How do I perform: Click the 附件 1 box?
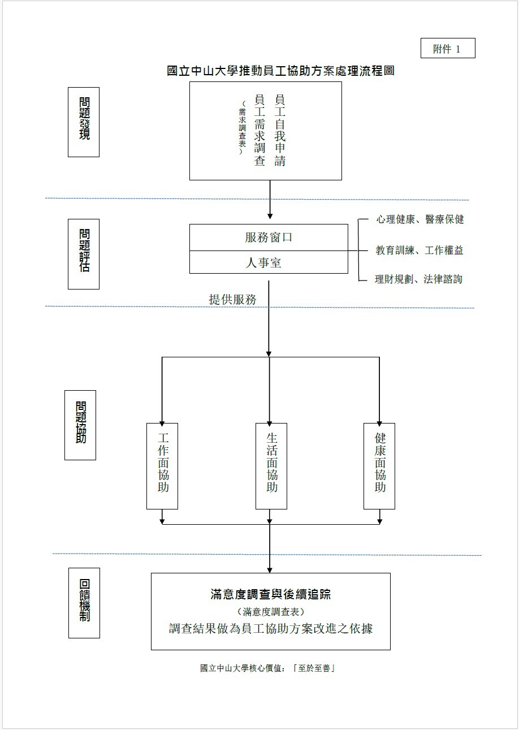click(448, 49)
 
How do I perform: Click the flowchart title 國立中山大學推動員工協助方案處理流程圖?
click(280, 71)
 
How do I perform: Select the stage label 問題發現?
click(84, 122)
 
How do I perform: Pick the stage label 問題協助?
click(80, 425)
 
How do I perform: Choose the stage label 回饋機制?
click(84, 603)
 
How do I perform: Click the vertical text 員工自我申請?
click(279, 131)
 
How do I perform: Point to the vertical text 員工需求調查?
click(259, 131)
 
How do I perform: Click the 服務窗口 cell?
click(269, 237)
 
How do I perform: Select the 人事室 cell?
click(269, 262)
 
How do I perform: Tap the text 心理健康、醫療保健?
click(419, 219)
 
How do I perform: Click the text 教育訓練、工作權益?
click(419, 250)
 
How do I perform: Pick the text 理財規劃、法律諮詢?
click(418, 279)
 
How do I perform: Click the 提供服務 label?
click(232, 300)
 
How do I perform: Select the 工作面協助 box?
click(162, 465)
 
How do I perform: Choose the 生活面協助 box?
click(271, 465)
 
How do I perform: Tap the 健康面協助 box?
click(379, 465)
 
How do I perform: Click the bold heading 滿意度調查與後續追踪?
click(270, 594)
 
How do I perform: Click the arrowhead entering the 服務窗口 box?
click(270, 216)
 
